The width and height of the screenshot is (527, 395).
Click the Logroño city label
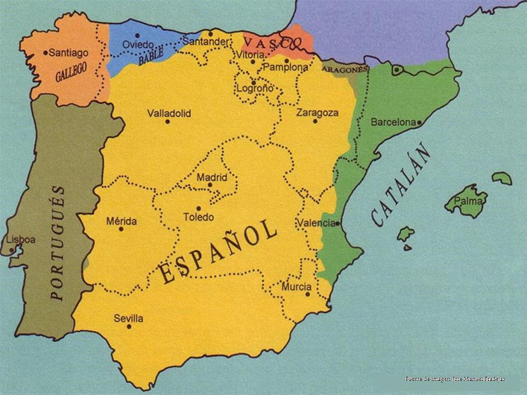tap(254, 89)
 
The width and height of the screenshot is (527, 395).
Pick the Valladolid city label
tap(168, 113)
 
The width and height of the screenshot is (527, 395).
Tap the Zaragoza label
tap(317, 113)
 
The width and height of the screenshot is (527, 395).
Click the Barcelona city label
tap(393, 121)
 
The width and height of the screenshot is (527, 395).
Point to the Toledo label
tap(199, 218)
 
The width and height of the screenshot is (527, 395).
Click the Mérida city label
tap(122, 221)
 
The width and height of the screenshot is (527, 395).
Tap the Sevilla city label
tap(128, 318)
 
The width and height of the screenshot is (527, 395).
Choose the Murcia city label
tap(296, 286)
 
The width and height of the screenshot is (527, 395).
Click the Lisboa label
tap(19, 239)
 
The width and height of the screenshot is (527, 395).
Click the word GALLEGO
tap(71, 72)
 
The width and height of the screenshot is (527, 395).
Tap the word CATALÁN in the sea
tap(402, 186)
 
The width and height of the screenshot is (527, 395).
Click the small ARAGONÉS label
tap(344, 69)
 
